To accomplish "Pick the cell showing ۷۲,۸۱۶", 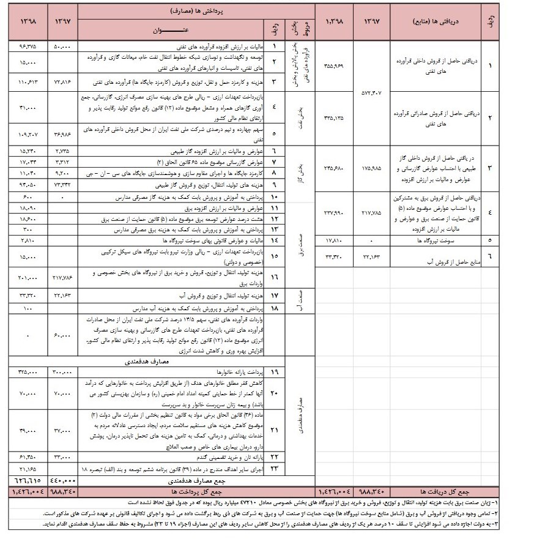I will pyautogui.click(x=64, y=81).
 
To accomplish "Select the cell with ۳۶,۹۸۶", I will pyautogui.click(x=64, y=134).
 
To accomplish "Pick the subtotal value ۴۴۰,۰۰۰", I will pyautogui.click(x=64, y=481).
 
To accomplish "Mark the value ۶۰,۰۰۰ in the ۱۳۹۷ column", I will pyautogui.click(x=64, y=336).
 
